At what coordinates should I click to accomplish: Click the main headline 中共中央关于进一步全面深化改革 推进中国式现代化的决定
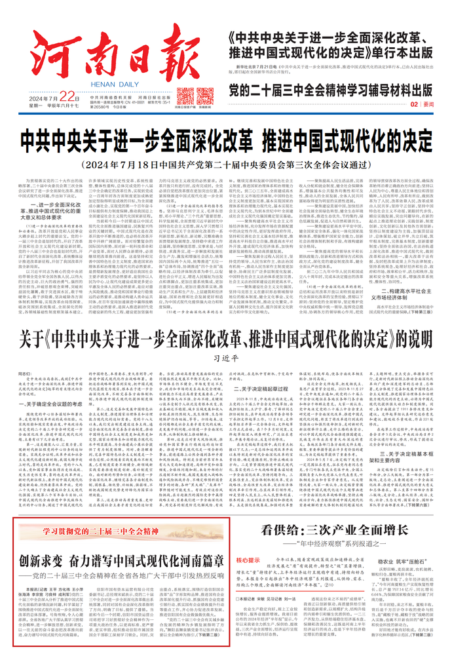[226, 141]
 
